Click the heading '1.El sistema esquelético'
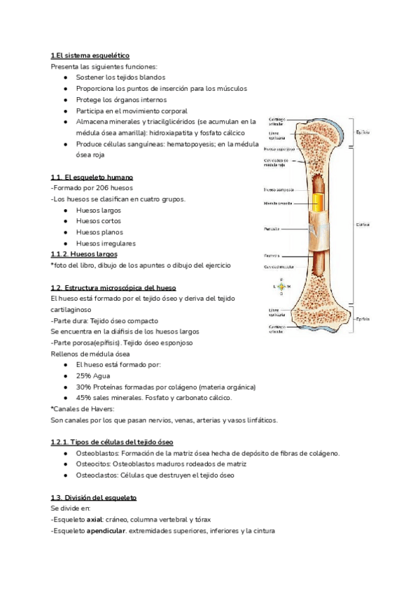[x=90, y=55]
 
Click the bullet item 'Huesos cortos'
[x=98, y=221]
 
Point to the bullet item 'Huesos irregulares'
[x=106, y=243]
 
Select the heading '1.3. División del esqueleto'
[x=94, y=497]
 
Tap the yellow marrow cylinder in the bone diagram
[x=318, y=203]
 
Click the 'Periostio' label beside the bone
[x=272, y=229]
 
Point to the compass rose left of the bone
[x=281, y=287]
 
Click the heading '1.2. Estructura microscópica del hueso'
[x=113, y=287]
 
